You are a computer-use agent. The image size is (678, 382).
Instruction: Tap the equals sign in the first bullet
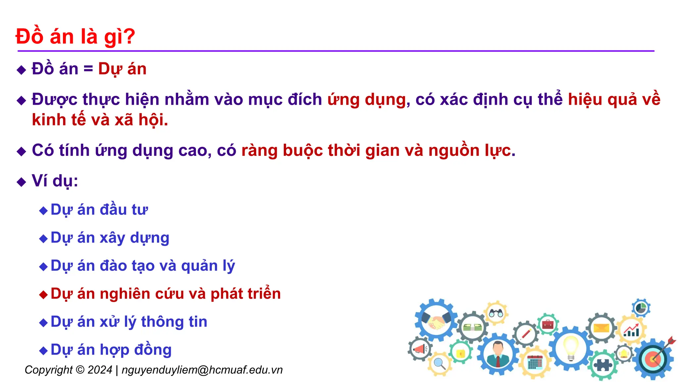point(88,69)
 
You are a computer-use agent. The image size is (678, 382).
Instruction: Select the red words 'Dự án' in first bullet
point(122,69)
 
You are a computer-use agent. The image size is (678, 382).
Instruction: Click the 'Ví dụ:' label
point(55,181)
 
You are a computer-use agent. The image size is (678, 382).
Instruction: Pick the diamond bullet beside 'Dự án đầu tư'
point(43,210)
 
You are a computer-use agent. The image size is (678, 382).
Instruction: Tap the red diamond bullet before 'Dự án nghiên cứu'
point(43,294)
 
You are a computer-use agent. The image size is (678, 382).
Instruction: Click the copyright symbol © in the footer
point(80,370)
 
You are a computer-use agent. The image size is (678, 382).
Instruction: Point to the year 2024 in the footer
point(100,370)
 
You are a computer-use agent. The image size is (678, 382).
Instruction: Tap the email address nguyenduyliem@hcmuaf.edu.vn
point(202,370)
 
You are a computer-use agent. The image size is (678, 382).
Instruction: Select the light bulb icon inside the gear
point(571,348)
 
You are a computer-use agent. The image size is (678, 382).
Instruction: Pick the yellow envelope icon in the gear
point(601,328)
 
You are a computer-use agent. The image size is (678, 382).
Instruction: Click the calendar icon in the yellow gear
point(535,362)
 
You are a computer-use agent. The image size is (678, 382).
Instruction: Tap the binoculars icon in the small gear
point(496,313)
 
